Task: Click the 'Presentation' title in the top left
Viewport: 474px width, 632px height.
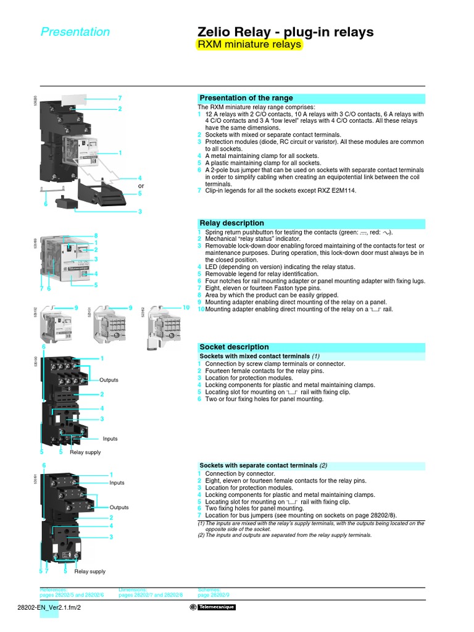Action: (x=75, y=32)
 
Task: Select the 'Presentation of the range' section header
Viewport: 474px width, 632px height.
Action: (x=246, y=98)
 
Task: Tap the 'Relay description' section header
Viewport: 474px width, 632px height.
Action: (x=231, y=223)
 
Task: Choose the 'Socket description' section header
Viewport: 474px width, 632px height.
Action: (x=234, y=347)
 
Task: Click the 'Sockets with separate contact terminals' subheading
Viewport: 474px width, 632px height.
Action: (x=259, y=465)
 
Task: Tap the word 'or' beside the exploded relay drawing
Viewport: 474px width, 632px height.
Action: (x=141, y=186)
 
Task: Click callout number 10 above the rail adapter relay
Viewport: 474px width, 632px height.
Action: (x=185, y=307)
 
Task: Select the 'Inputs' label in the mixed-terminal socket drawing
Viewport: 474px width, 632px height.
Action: (x=110, y=439)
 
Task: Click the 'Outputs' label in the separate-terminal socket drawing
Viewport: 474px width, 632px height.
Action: (x=119, y=507)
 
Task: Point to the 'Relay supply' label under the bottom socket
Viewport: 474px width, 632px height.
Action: (x=90, y=572)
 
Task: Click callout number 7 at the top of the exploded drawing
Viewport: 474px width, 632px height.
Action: (x=120, y=98)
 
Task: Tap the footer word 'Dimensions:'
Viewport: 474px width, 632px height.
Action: (x=133, y=590)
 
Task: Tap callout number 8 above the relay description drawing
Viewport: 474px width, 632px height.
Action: (x=96, y=235)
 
